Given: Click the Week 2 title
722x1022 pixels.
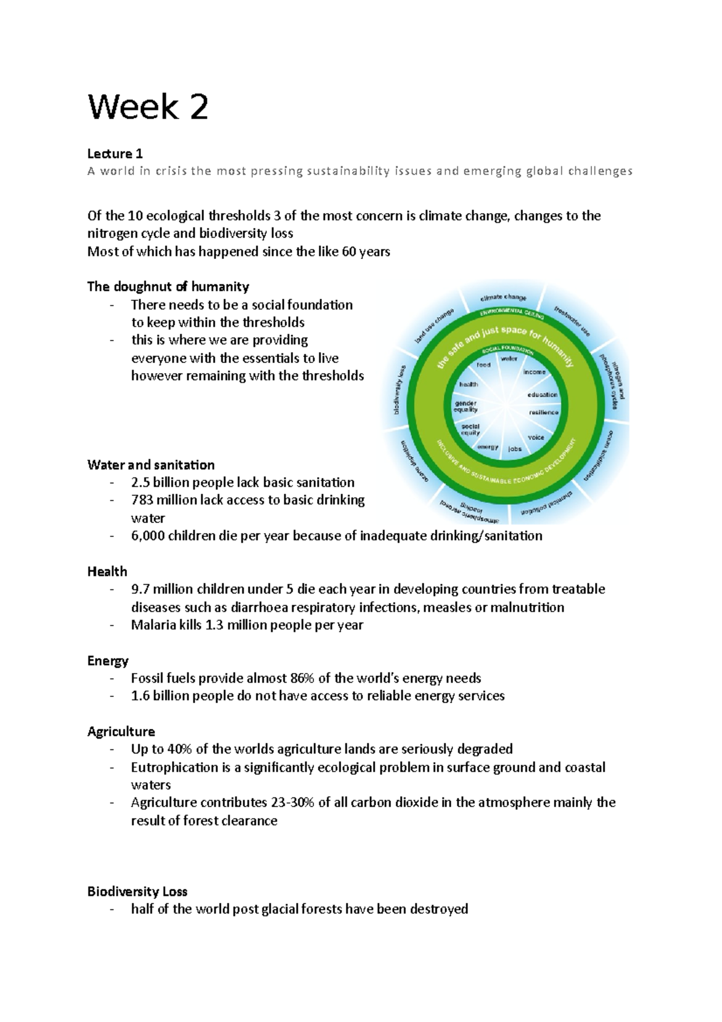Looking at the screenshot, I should click(x=148, y=107).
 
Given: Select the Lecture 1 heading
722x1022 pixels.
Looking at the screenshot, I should click(x=115, y=153).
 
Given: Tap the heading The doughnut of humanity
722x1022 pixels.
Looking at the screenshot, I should click(x=168, y=286).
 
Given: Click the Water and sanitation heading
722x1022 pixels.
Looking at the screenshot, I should click(x=150, y=465).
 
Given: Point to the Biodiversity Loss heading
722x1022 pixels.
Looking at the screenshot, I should click(x=137, y=891).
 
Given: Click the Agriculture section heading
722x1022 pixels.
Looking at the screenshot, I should click(x=121, y=731).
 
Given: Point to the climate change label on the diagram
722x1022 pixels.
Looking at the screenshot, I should click(x=503, y=297).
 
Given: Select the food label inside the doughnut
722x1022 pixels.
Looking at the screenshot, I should click(x=484, y=365).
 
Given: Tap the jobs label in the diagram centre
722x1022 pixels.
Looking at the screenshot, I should click(x=515, y=449).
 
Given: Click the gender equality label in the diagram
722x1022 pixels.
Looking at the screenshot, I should click(x=466, y=406).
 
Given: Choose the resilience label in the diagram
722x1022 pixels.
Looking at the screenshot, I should click(x=544, y=412).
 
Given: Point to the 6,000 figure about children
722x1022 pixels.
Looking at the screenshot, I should click(x=147, y=536).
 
